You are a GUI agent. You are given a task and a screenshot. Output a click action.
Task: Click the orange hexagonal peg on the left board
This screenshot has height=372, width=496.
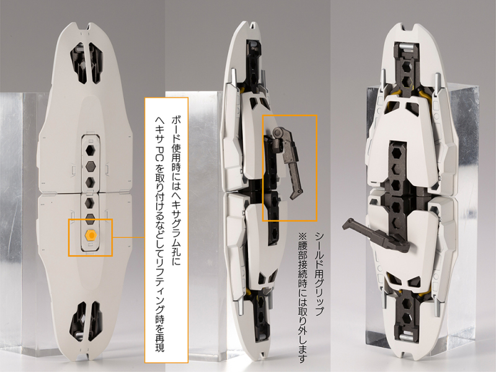(x=91, y=236)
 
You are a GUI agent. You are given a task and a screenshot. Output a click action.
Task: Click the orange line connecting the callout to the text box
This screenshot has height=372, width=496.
(x=128, y=237)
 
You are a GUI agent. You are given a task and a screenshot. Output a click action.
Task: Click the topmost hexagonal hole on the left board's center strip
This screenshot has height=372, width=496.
(x=91, y=151)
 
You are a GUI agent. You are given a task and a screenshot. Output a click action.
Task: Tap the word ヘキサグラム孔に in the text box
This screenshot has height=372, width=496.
(x=176, y=225)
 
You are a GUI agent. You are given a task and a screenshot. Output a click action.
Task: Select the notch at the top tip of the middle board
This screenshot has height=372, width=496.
(x=254, y=24)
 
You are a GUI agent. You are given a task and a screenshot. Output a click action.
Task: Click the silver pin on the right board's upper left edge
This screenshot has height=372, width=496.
(x=383, y=80)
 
